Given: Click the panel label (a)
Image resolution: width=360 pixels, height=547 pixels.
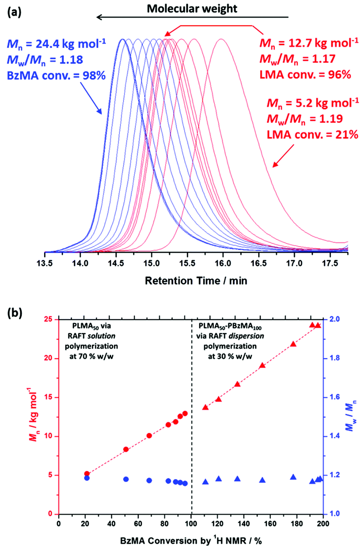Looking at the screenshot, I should pos(14,13).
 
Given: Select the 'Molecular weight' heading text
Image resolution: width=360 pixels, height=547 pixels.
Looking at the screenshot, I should pos(192,9).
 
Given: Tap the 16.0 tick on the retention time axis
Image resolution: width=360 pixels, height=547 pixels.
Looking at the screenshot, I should pos(223,263).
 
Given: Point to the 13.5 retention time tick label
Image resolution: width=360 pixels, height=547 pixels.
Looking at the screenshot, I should pos(45,263).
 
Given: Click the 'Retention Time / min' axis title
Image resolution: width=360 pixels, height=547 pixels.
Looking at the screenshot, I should pos(196,281).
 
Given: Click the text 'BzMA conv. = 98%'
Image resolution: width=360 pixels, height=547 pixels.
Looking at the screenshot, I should pos(56,75).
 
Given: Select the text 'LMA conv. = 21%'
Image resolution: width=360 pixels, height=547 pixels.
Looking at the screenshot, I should pos(312,135).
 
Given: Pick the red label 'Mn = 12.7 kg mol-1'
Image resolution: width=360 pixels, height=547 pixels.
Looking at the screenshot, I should pos(308,43).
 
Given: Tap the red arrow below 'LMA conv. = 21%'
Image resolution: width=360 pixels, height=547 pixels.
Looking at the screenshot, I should pos(283,156).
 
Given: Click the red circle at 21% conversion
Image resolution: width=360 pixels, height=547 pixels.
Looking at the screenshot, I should pos(87,474).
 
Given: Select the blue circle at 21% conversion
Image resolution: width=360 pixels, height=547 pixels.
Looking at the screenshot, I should pos(87,478).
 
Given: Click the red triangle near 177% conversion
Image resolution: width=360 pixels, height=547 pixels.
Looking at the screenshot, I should pos(293,344).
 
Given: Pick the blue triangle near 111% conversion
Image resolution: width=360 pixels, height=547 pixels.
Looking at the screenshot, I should pos(205,482).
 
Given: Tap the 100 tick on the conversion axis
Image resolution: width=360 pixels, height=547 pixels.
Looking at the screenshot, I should pos(191,523).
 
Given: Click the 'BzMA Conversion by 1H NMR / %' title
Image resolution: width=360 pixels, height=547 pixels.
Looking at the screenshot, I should pos(191,540).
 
